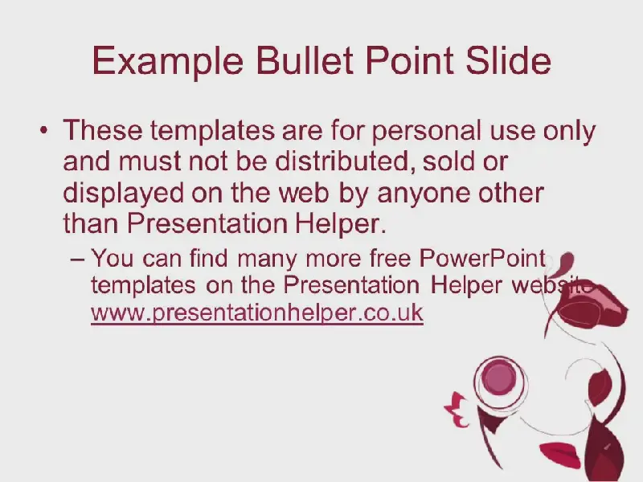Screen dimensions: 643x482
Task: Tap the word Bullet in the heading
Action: tap(305, 60)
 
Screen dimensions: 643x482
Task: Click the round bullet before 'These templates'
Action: tap(44, 130)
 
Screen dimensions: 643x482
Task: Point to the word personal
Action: tap(427, 132)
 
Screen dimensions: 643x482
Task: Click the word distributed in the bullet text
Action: tap(342, 161)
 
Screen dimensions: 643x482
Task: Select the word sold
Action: tap(447, 161)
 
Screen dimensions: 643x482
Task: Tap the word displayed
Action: tap(124, 194)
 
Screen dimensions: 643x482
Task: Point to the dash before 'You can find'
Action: tap(77, 259)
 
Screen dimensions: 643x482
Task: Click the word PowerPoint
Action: tap(482, 258)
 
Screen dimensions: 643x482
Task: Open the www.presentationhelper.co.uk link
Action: tap(257, 313)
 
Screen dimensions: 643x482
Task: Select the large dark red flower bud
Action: tap(591, 305)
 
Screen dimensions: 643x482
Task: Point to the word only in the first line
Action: tap(570, 132)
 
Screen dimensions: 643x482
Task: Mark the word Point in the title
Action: tap(409, 60)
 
